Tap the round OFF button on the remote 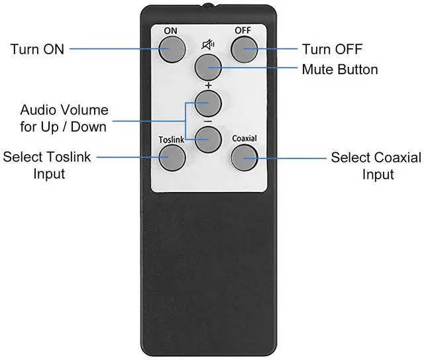pyautogui.click(x=243, y=48)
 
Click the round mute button pyautogui.click(x=207, y=66)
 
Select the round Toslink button pyautogui.click(x=171, y=156)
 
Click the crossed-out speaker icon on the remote pyautogui.click(x=207, y=45)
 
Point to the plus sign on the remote pyautogui.click(x=207, y=85)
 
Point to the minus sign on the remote pyautogui.click(x=207, y=122)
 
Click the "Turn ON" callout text pyautogui.click(x=37, y=49)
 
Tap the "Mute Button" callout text pyautogui.click(x=339, y=69)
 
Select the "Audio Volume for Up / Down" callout pyautogui.click(x=64, y=118)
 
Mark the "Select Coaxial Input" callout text pyautogui.click(x=376, y=165)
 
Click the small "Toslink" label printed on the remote pyautogui.click(x=171, y=140)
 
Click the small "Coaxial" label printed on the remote pyautogui.click(x=244, y=139)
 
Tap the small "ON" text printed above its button pyautogui.click(x=171, y=31)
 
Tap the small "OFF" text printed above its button pyautogui.click(x=242, y=31)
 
